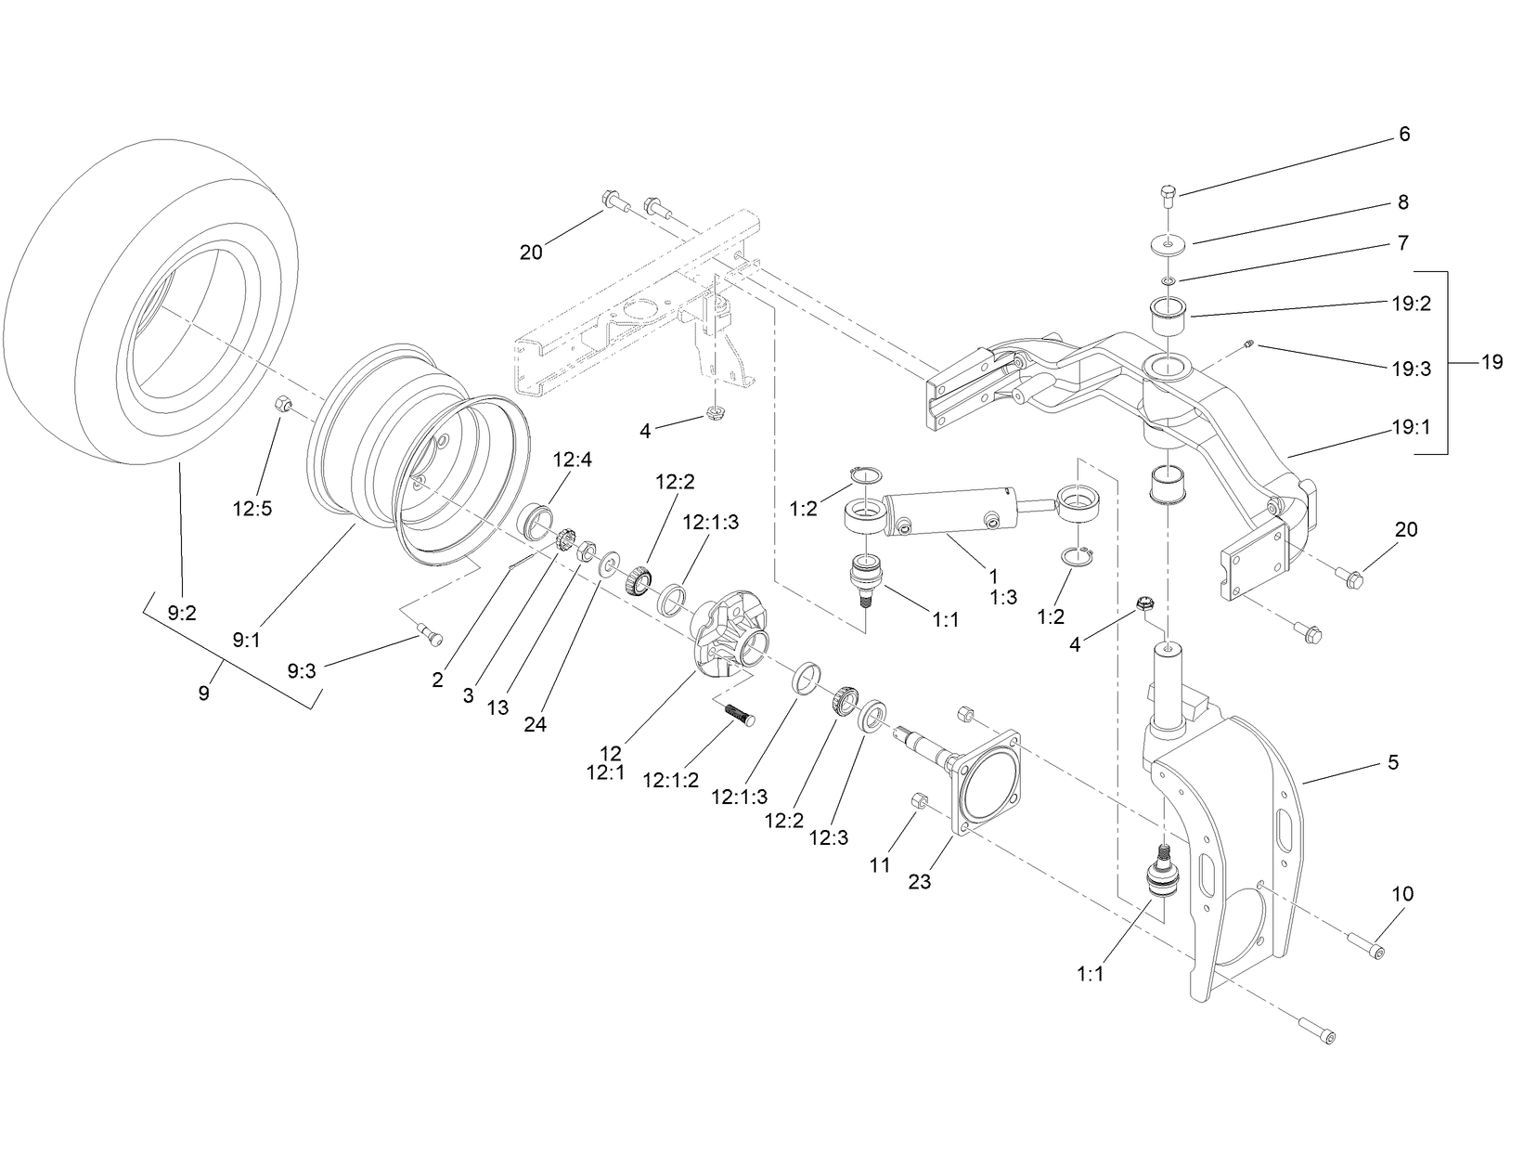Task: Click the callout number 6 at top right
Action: click(x=1403, y=135)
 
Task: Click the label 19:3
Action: click(x=1411, y=369)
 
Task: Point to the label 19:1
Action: click(x=1411, y=428)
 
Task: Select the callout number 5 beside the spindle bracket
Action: click(x=1392, y=762)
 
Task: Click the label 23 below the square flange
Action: click(x=919, y=882)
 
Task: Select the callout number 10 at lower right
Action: click(x=1401, y=894)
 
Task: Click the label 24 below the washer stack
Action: click(x=535, y=725)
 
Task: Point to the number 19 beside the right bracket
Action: click(x=1491, y=362)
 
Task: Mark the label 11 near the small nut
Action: click(x=879, y=865)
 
